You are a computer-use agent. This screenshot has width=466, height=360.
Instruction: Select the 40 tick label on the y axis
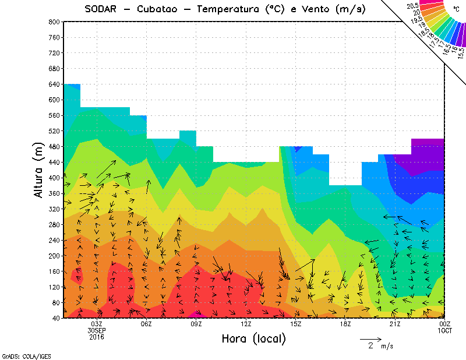point(57,318)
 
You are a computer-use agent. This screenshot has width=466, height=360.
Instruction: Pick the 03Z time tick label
point(97,324)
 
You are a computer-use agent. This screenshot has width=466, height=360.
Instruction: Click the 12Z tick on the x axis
point(246,324)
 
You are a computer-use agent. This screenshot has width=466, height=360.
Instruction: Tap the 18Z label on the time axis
point(345,324)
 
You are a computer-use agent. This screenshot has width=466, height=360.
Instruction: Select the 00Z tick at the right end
point(445,324)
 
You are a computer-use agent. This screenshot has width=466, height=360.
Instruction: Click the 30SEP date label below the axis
point(97,330)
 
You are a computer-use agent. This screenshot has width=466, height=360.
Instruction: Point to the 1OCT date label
point(445,330)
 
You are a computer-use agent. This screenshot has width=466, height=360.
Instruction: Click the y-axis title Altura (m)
point(40,170)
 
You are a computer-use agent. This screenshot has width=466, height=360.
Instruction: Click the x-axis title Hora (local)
point(253,338)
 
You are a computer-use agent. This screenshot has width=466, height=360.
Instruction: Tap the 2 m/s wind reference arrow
point(370,338)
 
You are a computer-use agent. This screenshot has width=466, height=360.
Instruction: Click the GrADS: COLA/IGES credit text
point(18,355)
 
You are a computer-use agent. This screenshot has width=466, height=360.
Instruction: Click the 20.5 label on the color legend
point(413,5)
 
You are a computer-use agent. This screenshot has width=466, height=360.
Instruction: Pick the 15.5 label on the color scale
point(461,53)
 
